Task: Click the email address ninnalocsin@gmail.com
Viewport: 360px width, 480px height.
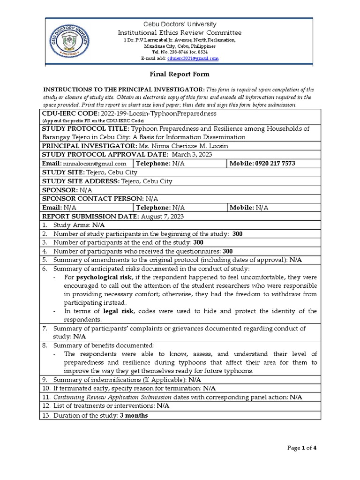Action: (x=95, y=164)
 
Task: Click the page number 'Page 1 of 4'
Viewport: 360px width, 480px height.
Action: (x=302, y=448)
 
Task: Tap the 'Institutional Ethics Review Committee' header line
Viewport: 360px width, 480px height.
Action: (x=180, y=32)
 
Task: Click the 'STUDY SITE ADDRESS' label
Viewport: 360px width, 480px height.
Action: (x=81, y=181)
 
